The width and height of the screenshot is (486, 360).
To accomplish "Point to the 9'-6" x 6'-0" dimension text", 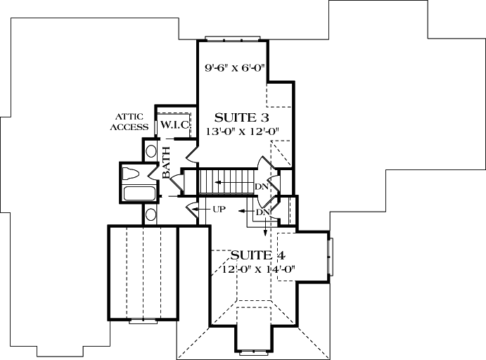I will click(x=231, y=69).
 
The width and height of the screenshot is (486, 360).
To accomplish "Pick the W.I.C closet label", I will click(x=172, y=124).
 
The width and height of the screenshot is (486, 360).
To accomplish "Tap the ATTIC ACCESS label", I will click(x=133, y=122).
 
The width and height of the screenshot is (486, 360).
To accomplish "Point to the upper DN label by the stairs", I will click(x=262, y=186).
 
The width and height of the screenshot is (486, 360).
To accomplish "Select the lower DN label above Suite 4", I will click(x=263, y=212).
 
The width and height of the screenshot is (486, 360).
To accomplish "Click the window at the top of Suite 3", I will click(x=225, y=38).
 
